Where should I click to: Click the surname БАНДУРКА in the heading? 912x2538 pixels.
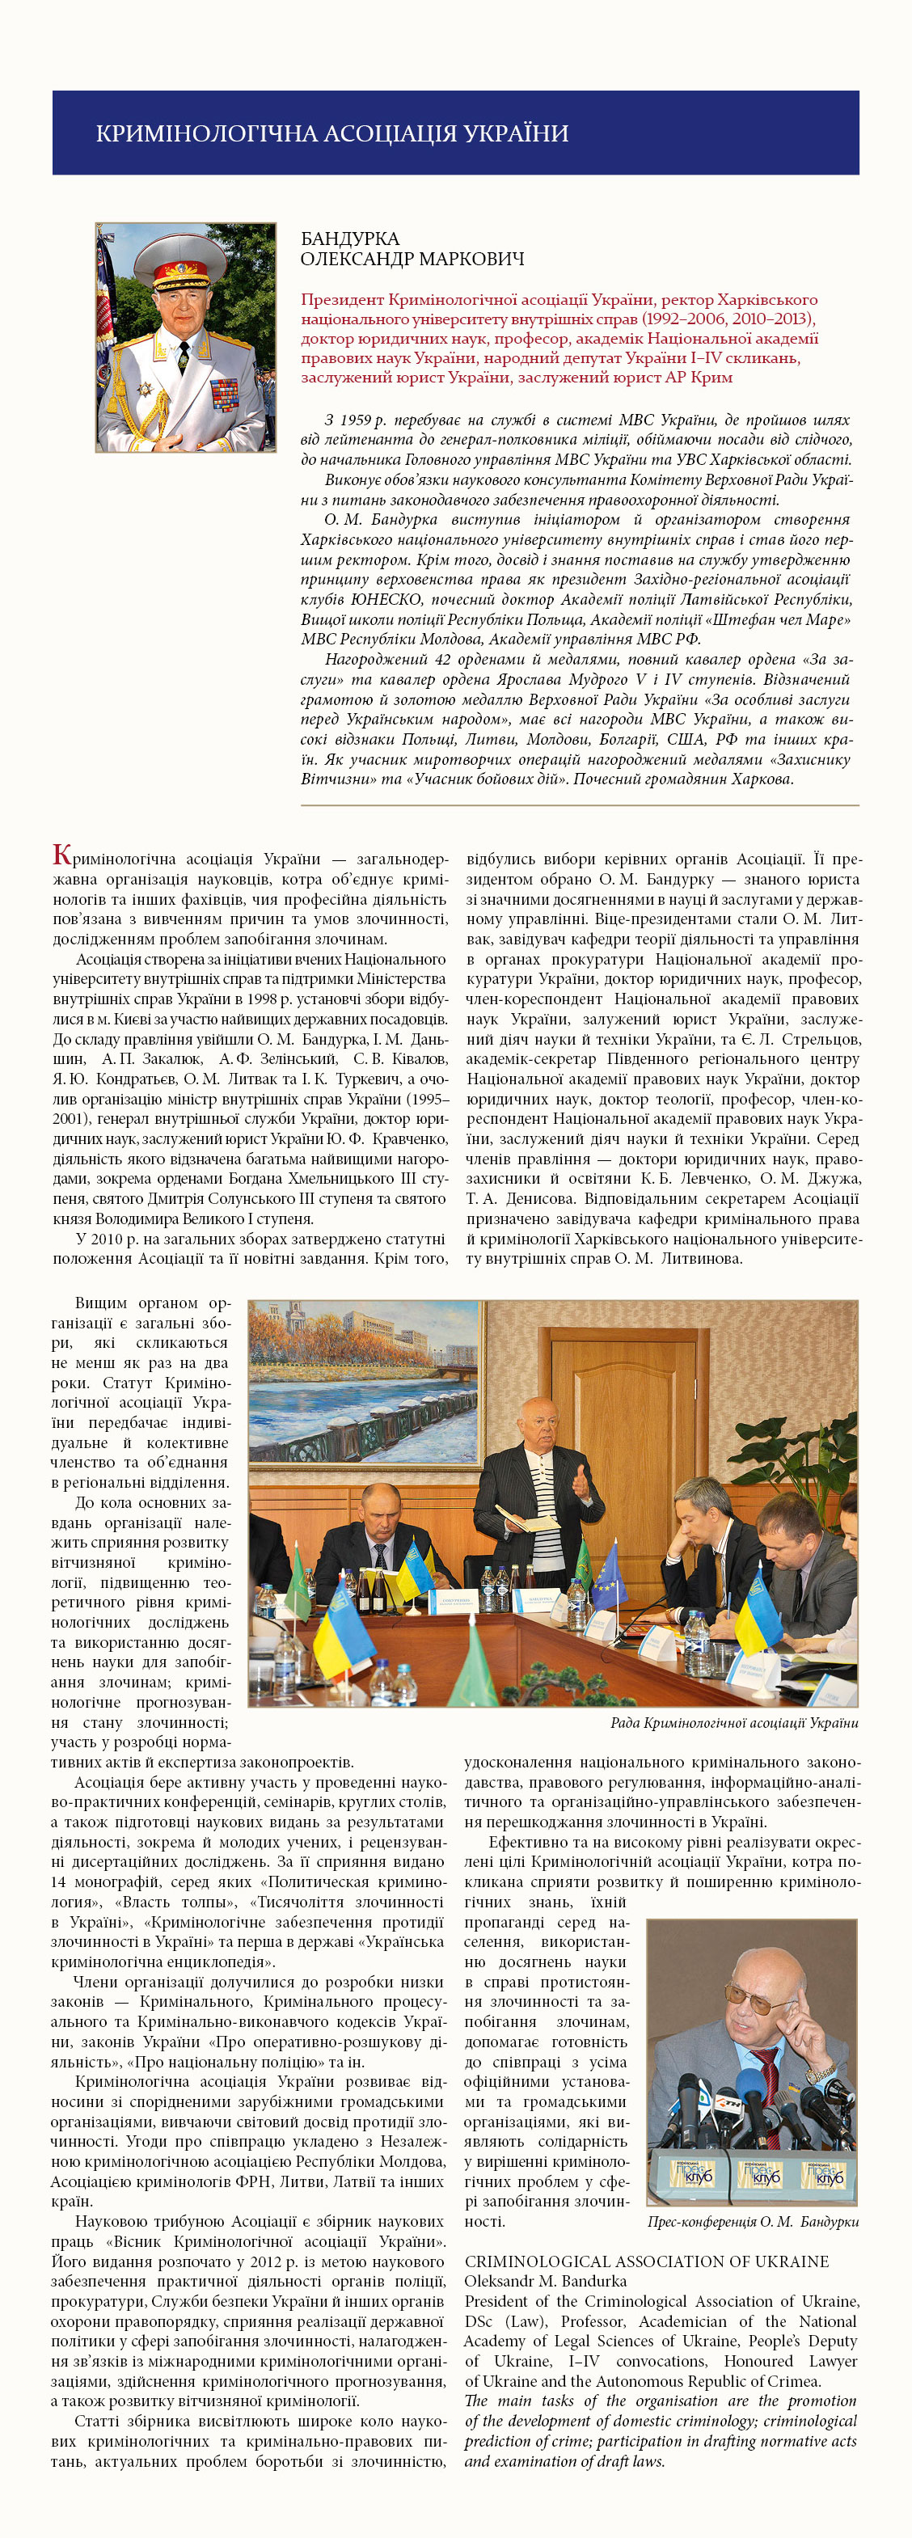[349, 239]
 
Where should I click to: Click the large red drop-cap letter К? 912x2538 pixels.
[62, 855]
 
